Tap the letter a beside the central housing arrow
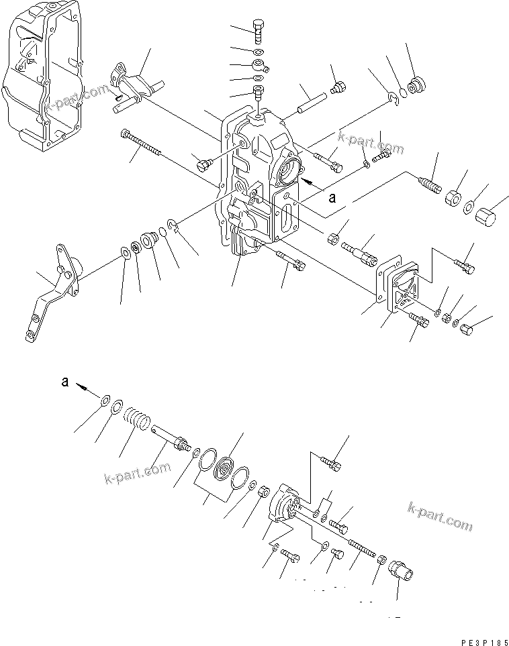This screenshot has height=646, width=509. click(331, 198)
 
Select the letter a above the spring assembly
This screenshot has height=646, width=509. click(64, 382)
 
